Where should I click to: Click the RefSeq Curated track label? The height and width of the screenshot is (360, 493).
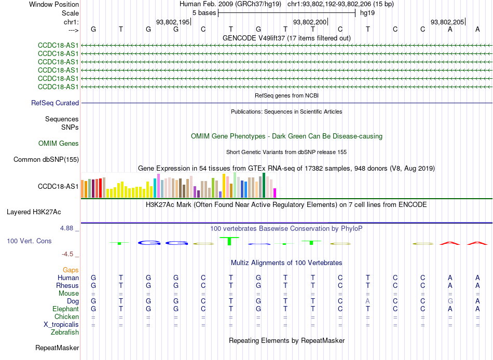point(55,103)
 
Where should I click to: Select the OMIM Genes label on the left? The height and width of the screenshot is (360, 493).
point(59,144)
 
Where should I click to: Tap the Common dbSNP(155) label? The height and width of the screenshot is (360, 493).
point(46,160)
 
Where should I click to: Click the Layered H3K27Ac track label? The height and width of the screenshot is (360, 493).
point(34,212)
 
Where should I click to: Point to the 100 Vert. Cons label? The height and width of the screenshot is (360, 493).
point(29,241)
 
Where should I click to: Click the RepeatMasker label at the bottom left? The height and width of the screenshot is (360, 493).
point(57,348)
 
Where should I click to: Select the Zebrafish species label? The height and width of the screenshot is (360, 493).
point(65,333)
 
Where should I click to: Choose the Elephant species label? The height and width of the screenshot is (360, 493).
point(65,309)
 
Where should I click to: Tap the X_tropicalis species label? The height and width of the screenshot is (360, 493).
point(61,325)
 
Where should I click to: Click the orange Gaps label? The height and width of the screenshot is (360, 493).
point(71,270)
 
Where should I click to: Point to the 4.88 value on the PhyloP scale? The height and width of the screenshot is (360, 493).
point(66,228)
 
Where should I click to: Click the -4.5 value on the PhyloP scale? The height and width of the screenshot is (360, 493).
point(67,254)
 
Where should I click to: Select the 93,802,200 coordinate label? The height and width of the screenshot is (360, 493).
point(310,22)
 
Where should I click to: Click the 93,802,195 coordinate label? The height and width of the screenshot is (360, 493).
point(173,22)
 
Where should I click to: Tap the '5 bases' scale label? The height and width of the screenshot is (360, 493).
point(204,13)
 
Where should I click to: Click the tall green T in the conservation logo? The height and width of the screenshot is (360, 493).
point(229,241)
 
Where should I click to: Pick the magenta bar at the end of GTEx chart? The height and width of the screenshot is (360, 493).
point(275,193)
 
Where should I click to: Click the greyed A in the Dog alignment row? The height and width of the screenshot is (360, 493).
point(367,301)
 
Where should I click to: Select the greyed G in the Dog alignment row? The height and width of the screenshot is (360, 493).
point(450,301)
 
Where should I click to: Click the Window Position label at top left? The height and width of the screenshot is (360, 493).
point(54,4)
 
